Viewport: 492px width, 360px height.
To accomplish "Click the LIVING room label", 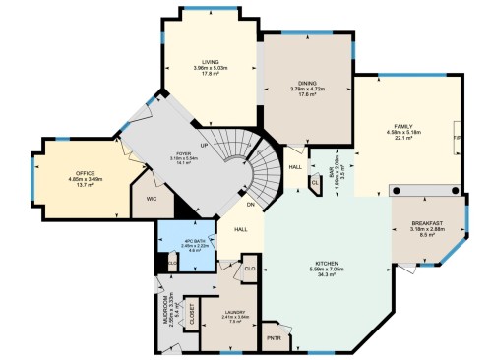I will click(211, 61).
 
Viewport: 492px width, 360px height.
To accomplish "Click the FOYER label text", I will click(183, 154).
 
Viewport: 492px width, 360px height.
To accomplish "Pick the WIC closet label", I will click(153, 198).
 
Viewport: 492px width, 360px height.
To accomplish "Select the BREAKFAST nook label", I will click(427, 225).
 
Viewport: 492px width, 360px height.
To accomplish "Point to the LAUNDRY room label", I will click(235, 313).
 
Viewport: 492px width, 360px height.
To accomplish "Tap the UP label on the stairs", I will click(204, 145).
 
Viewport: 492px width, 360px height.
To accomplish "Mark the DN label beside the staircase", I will click(251, 205).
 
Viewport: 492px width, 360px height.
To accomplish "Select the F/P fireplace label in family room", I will click(455, 141).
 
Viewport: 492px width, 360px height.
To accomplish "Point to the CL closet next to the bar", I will click(314, 182).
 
